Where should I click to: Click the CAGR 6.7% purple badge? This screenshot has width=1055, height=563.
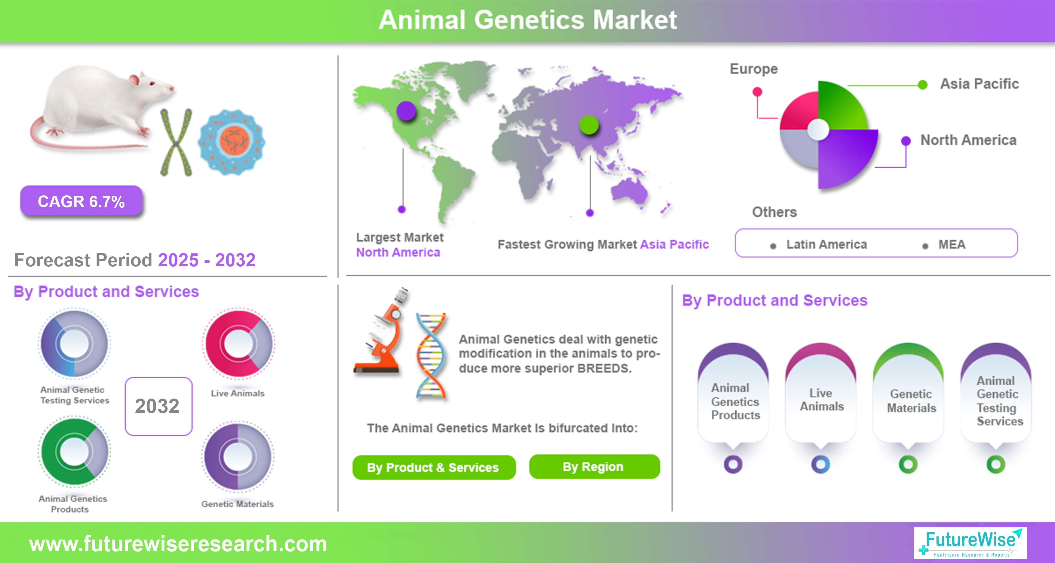pos(81,201)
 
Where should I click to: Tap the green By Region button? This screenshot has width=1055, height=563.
pos(594,467)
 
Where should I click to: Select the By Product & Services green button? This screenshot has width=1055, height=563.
pos(434,467)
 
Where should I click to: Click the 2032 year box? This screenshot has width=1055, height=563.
pos(158,406)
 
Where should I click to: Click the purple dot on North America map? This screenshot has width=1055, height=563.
pos(406,111)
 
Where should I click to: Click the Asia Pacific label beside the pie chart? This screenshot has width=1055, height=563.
pos(979,84)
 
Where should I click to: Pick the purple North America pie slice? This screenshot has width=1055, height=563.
pos(847,158)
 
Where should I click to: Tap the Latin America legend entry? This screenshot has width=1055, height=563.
pos(826,244)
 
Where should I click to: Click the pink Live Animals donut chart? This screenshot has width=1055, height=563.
pos(239,343)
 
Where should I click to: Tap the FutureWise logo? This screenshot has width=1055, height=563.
pos(970,543)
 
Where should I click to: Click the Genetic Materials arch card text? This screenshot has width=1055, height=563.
pos(911,401)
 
